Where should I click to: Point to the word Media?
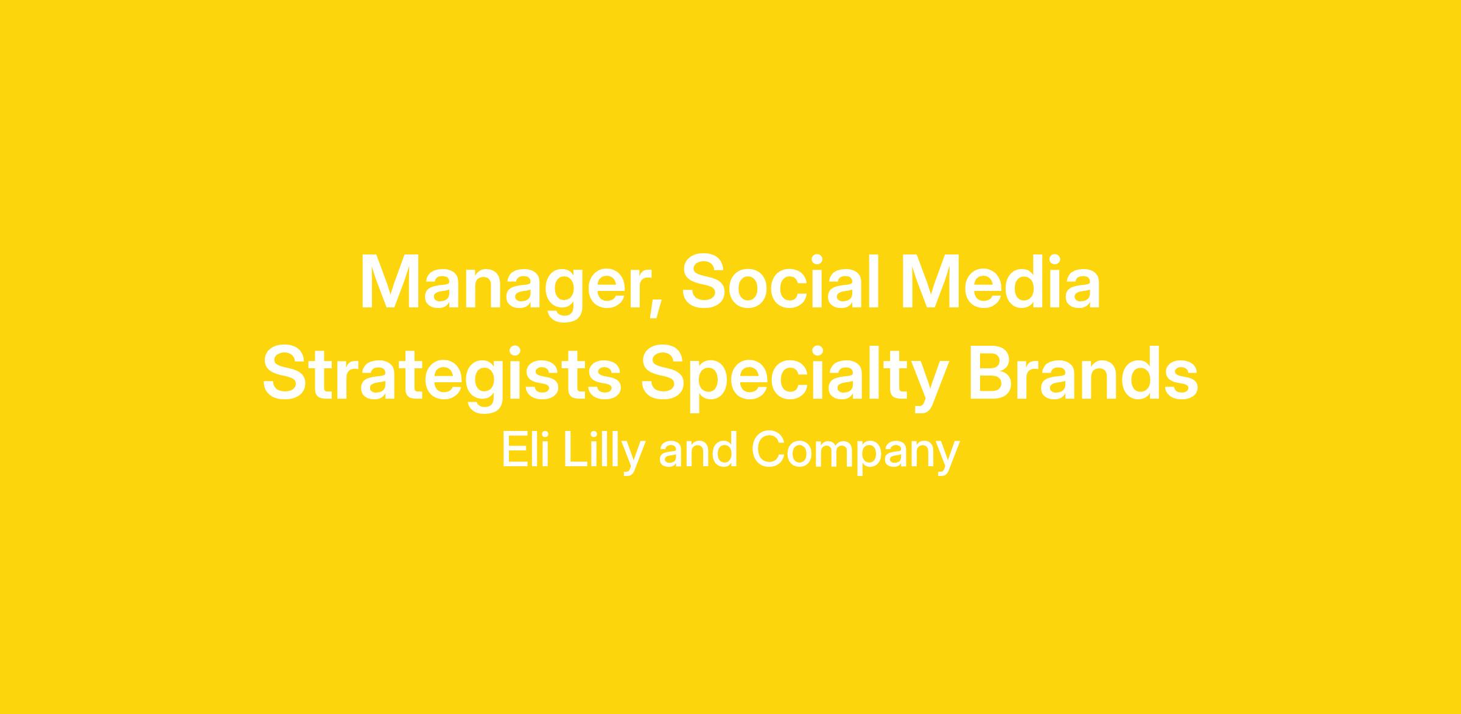click(1001, 282)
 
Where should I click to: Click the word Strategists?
click(442, 378)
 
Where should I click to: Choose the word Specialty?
click(795, 378)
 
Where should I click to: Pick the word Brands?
click(1084, 373)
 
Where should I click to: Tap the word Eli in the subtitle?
click(526, 450)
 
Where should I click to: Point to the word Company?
click(855, 453)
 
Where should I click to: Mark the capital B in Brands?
click(993, 373)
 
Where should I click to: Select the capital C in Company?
click(769, 450)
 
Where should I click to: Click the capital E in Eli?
click(515, 450)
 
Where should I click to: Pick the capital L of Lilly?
click(575, 450)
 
